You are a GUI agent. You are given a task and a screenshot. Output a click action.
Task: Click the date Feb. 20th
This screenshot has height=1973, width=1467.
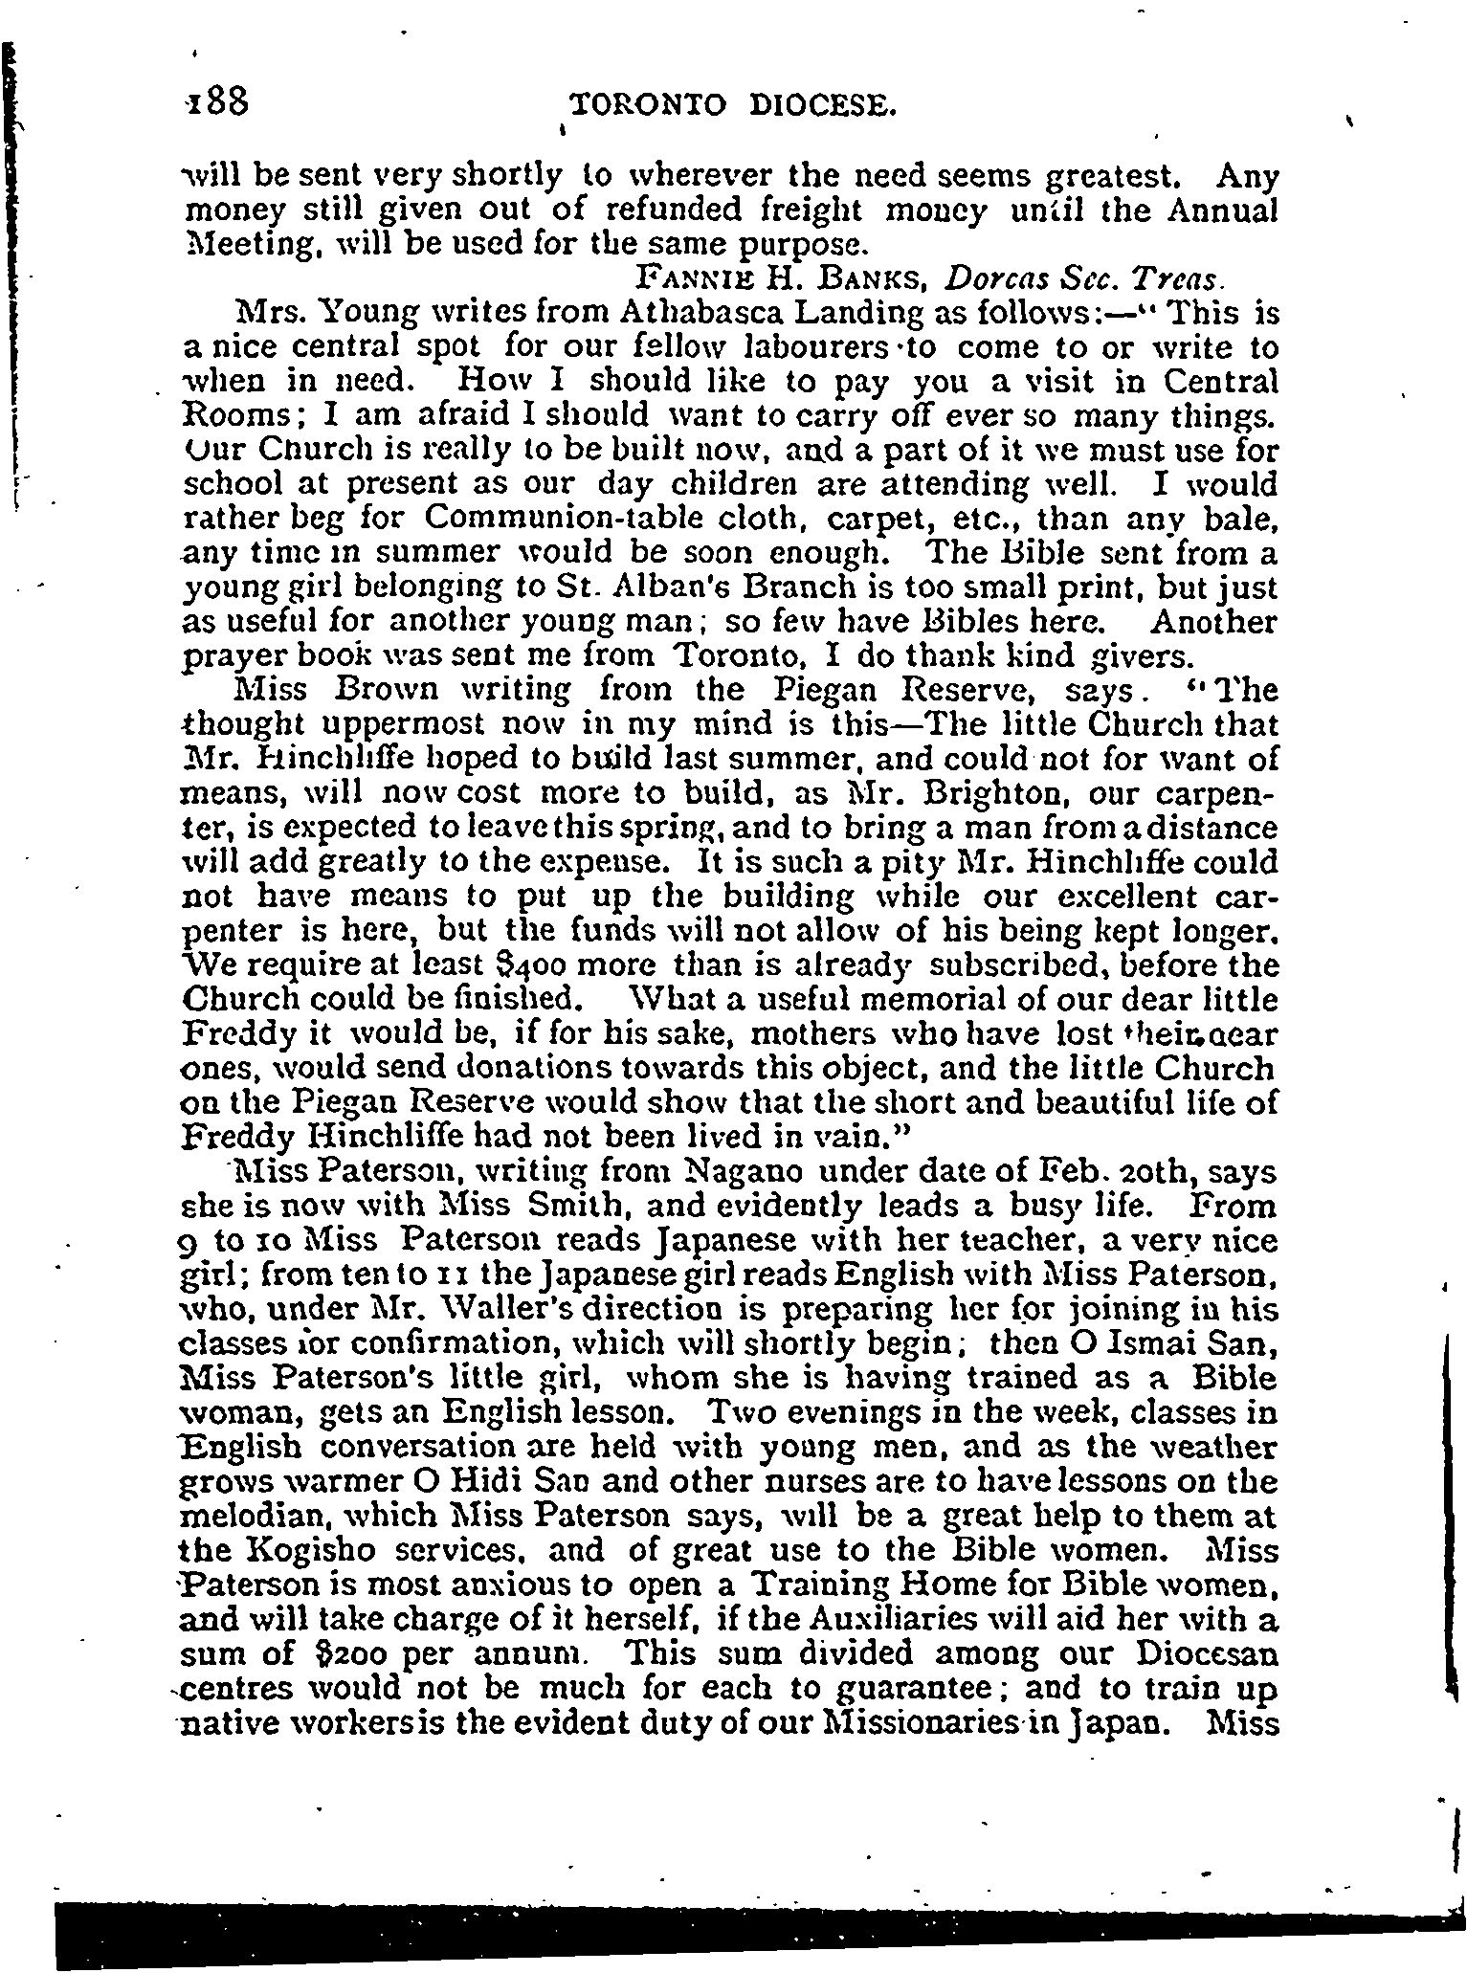point(1040,1173)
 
